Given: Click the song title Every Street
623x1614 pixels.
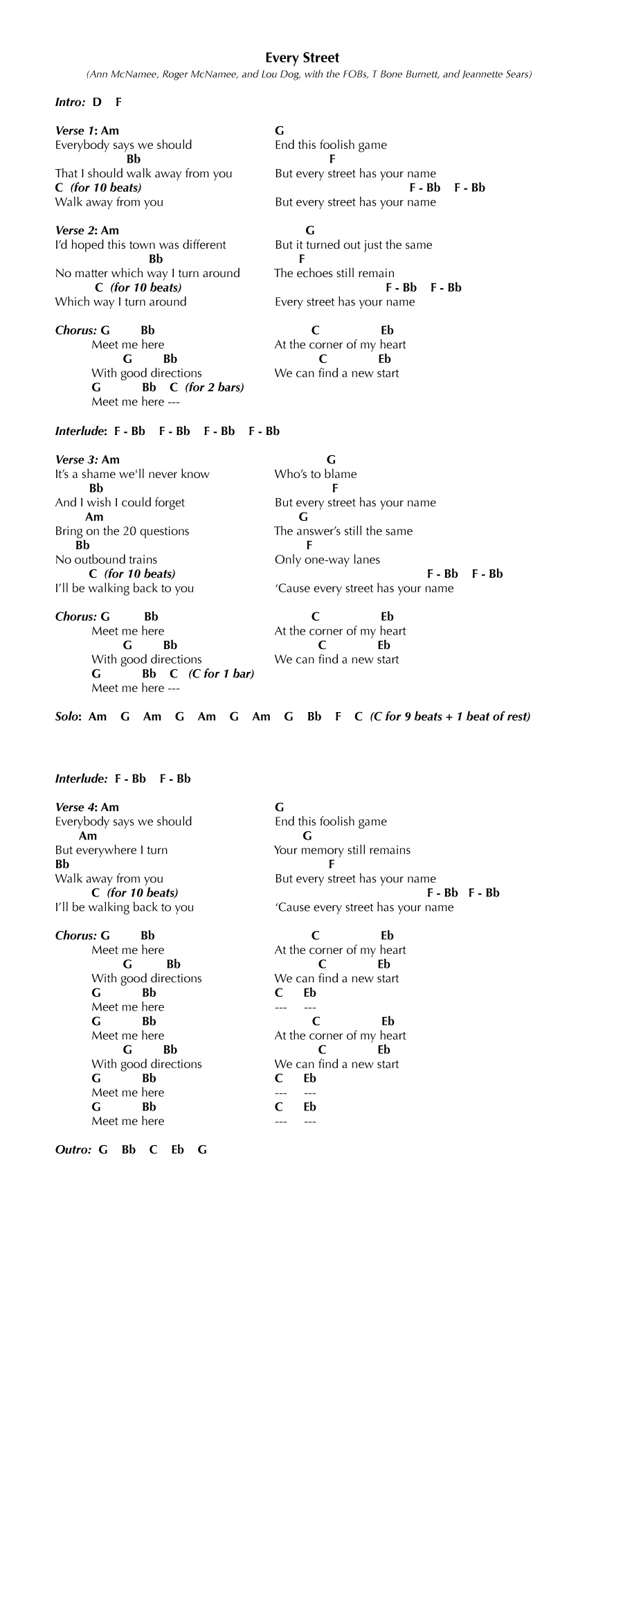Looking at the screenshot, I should point(303,58).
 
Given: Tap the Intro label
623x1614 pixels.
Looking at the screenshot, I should point(70,102).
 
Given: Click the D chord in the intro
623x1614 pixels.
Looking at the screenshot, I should point(97,102).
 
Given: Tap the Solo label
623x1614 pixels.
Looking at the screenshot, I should point(68,716).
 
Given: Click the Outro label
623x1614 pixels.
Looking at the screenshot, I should point(73,1149).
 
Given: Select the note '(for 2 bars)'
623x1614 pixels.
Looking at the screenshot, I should point(215,387).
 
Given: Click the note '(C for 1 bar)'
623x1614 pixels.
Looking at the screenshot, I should point(221,673).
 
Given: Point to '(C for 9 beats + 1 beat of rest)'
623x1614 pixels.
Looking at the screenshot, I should point(450,716).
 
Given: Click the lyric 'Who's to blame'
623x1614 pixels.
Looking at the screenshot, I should point(316,475).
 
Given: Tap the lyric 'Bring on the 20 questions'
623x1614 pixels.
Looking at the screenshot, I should point(123,531).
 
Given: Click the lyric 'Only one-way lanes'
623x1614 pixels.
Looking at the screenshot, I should point(327,560).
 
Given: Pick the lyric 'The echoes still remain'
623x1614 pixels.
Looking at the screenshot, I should point(334,273).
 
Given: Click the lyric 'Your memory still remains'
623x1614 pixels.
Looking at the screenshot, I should point(342,850).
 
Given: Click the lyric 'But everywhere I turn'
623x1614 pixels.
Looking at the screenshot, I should point(111,850).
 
